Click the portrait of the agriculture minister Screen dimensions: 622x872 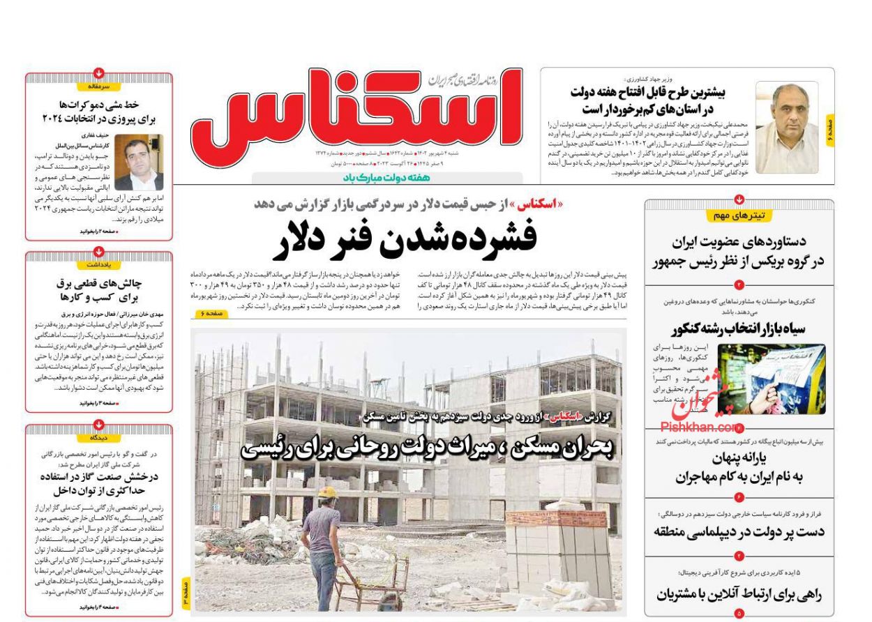(787, 127)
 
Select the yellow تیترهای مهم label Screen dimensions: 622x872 (739, 215)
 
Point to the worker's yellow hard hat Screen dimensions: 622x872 (326, 492)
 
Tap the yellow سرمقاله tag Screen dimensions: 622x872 (98, 87)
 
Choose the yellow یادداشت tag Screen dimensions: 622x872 (98, 265)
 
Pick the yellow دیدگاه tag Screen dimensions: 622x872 (98, 438)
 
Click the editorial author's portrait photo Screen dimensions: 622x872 (139, 163)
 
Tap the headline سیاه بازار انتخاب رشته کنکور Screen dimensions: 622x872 (739, 329)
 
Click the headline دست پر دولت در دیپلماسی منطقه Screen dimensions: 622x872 (739, 531)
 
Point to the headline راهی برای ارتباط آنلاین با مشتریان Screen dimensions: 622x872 (739, 594)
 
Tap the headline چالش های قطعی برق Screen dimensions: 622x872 (98, 290)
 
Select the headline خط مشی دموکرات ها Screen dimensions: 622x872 (98, 112)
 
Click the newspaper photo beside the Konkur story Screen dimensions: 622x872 (772, 379)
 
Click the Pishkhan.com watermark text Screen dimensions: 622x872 (698, 427)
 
